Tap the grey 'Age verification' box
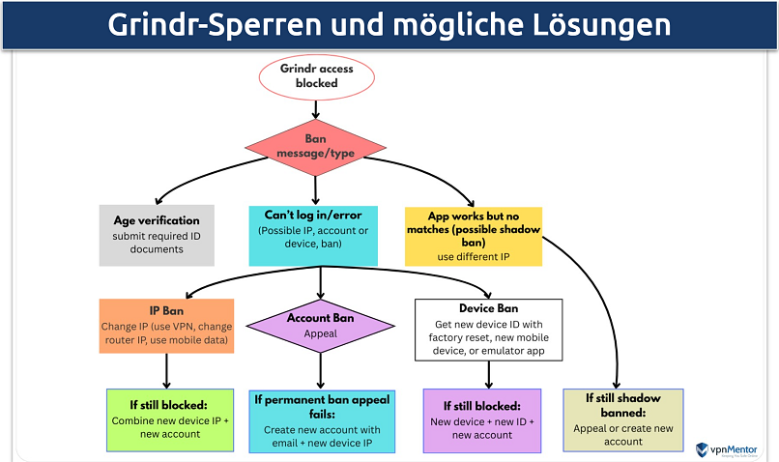click(157, 235)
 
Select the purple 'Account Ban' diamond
click(320, 327)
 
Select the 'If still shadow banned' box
click(622, 419)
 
